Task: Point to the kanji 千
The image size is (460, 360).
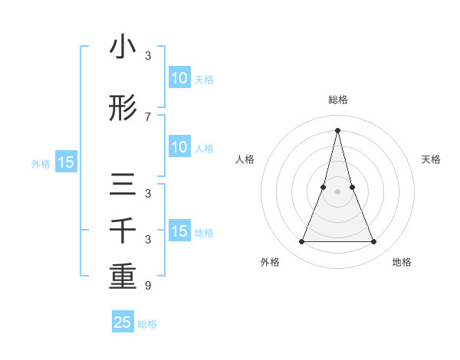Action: point(123,231)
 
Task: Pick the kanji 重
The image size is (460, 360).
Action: point(123,277)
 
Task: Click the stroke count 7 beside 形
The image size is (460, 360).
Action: point(148,117)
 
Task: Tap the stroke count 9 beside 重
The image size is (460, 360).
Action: point(148,286)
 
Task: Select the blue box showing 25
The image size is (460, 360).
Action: point(123,322)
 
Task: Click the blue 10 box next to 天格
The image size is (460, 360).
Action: point(179,78)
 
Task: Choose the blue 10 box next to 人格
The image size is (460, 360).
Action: point(179,147)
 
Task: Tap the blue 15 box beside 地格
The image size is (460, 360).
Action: point(179,231)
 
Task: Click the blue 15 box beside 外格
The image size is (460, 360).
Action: point(65,162)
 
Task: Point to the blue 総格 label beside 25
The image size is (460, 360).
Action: point(147,324)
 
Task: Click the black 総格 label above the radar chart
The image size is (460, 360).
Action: point(337,100)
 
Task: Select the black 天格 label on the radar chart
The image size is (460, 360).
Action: point(431,159)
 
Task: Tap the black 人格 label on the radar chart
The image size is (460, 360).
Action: point(245,159)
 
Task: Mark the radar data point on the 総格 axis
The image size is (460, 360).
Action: point(337,129)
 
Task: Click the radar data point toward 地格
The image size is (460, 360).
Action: point(374,242)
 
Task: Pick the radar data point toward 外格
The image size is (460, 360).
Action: point(301,242)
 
